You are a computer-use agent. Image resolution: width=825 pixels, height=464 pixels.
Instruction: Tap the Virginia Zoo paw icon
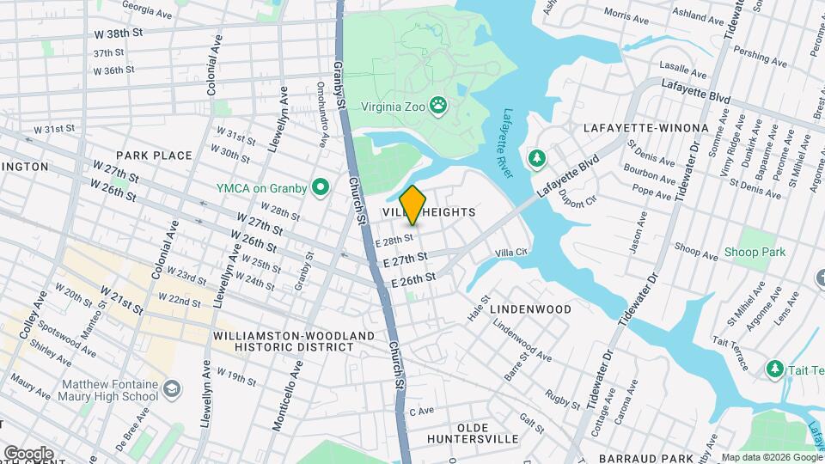[439, 105]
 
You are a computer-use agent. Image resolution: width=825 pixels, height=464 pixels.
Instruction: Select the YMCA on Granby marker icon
[321, 186]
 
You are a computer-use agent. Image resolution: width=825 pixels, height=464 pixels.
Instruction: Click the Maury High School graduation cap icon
[173, 390]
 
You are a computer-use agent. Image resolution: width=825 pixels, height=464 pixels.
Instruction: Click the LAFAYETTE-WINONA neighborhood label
[645, 128]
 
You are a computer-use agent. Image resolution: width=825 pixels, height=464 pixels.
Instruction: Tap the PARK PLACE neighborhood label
[154, 156]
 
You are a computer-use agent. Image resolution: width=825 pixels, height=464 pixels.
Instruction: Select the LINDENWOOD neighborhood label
[530, 308]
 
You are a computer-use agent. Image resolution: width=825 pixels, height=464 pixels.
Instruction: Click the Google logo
[28, 453]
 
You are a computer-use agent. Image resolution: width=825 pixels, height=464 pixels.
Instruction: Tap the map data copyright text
[771, 457]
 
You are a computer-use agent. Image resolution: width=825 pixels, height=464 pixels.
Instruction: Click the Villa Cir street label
[510, 253]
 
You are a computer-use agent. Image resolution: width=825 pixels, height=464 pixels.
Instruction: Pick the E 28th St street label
[396, 240]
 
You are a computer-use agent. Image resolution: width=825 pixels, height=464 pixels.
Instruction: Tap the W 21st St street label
[120, 300]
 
